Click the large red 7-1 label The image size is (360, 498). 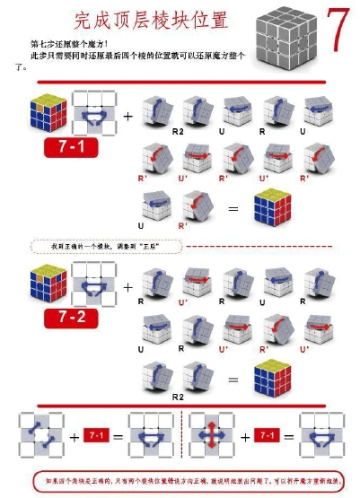(x=69, y=147)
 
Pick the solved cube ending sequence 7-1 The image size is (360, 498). (x=273, y=207)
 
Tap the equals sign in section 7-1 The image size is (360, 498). (x=233, y=209)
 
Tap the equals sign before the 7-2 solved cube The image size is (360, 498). (x=233, y=380)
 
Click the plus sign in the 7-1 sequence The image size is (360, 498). (x=127, y=116)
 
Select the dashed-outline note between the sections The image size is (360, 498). (x=106, y=245)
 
